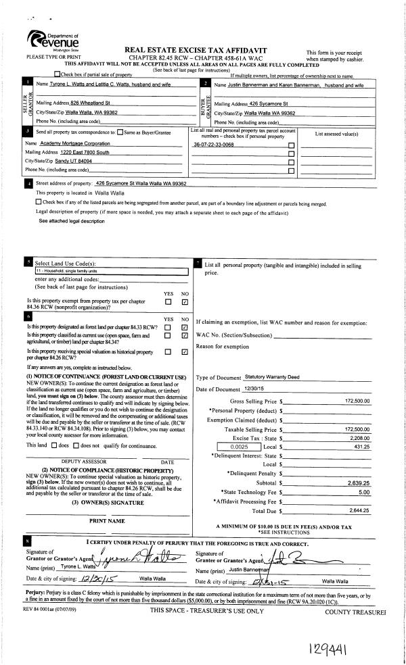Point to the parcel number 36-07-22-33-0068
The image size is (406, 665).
click(214, 145)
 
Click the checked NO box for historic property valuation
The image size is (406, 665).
click(184, 351)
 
